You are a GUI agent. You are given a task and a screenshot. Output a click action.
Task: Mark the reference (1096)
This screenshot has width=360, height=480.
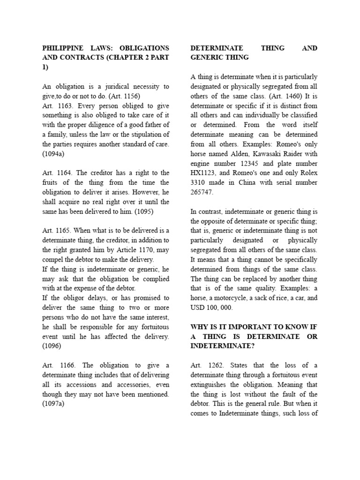[x=52, y=345]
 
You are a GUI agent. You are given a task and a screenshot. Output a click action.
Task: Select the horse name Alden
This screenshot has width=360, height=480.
[x=240, y=153]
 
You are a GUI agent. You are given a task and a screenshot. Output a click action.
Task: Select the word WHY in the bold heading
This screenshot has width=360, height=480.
[x=200, y=327]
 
